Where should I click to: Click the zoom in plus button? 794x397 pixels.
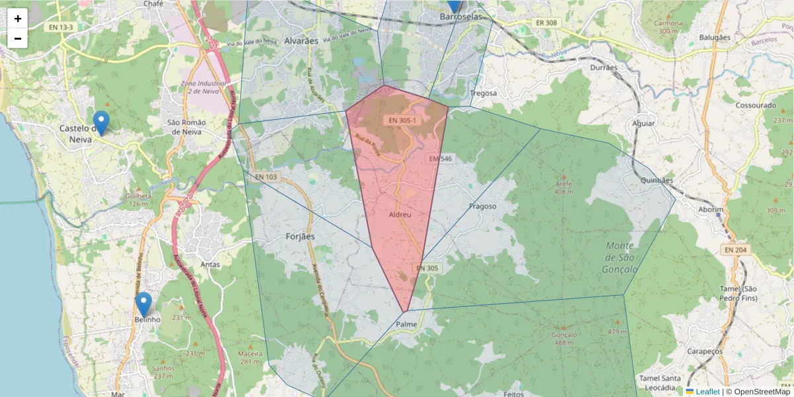(x=18, y=19)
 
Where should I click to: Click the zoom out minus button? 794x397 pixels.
(x=18, y=38)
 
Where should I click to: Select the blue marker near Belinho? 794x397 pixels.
(x=144, y=304)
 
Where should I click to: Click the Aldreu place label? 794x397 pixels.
(x=401, y=215)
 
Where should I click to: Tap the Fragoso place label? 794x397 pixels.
(x=482, y=206)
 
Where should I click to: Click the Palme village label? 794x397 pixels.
(x=406, y=324)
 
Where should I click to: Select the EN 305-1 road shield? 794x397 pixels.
(x=402, y=120)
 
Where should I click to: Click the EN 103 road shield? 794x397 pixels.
(x=266, y=177)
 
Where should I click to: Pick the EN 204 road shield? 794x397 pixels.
(x=735, y=249)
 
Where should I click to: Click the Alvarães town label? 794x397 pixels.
(x=301, y=40)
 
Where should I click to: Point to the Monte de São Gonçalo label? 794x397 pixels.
(x=620, y=257)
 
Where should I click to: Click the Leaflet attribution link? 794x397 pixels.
(x=707, y=392)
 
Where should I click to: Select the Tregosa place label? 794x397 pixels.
(x=483, y=93)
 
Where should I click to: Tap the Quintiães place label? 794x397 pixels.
(x=657, y=180)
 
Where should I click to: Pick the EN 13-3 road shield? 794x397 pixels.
(x=61, y=27)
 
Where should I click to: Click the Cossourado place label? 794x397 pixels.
(x=755, y=105)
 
